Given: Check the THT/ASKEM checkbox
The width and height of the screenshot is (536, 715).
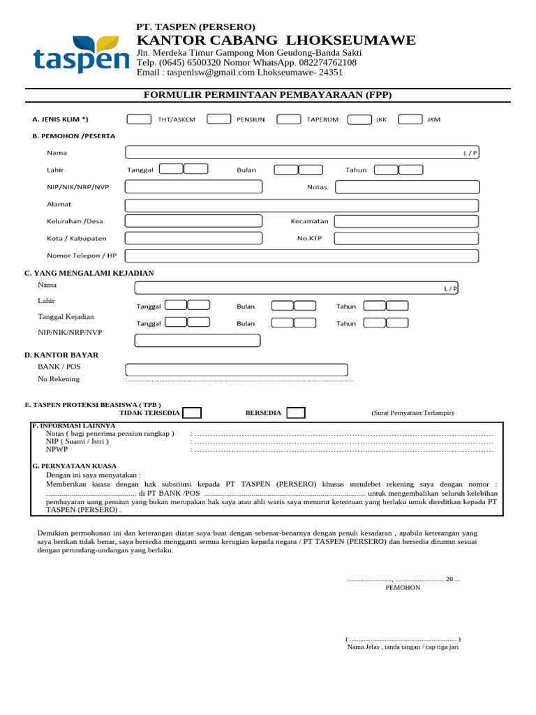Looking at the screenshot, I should [139, 119].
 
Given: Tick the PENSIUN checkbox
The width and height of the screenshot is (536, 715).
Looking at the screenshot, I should [219, 119].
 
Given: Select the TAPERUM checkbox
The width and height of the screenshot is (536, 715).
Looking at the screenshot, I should [288, 119].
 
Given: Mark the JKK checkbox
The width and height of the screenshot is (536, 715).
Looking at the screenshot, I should [359, 119].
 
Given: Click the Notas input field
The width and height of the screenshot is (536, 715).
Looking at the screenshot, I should [407, 186].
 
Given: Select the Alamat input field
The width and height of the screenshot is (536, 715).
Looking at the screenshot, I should [301, 205].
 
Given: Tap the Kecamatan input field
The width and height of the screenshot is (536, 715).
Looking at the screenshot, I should [407, 221].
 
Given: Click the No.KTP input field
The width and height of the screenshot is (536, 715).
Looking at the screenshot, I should [407, 239].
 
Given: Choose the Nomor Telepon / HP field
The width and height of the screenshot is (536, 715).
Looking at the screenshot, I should [301, 256].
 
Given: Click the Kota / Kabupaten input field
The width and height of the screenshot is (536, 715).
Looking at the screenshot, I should [193, 239].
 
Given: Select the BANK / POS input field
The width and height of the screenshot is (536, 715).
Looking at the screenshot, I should [236, 370].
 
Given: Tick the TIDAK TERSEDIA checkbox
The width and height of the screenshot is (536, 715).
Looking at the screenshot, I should [192, 413].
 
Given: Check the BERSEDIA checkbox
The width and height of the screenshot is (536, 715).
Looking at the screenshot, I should [295, 413].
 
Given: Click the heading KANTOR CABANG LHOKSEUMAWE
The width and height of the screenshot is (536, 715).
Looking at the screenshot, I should [276, 40].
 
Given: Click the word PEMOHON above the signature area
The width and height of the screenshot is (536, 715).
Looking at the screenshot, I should [403, 588].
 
